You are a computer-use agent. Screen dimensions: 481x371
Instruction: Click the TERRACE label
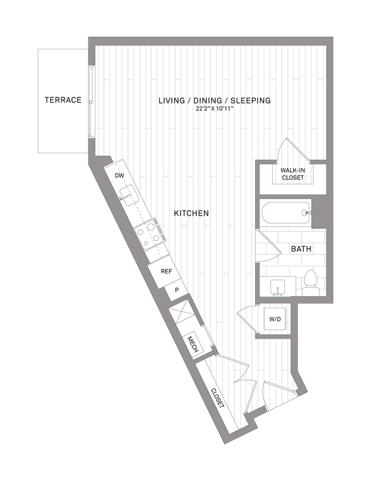pos(63,100)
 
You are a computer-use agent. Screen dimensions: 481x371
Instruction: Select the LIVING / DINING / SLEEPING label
pos(214,101)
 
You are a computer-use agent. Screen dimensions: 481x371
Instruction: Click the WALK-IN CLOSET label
pos(292,174)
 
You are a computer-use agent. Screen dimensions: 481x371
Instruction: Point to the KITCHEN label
pos(191,213)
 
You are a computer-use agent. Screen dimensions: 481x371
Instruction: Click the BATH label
pos(301,249)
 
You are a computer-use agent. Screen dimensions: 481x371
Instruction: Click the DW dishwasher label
pos(119,176)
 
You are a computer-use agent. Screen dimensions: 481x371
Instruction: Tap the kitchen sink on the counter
pos(130,198)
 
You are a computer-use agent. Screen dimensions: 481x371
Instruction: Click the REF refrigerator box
pos(166,272)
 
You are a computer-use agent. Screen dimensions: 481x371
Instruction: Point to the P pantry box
pos(177,291)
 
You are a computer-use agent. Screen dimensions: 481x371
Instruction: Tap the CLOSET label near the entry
pos(217,398)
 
